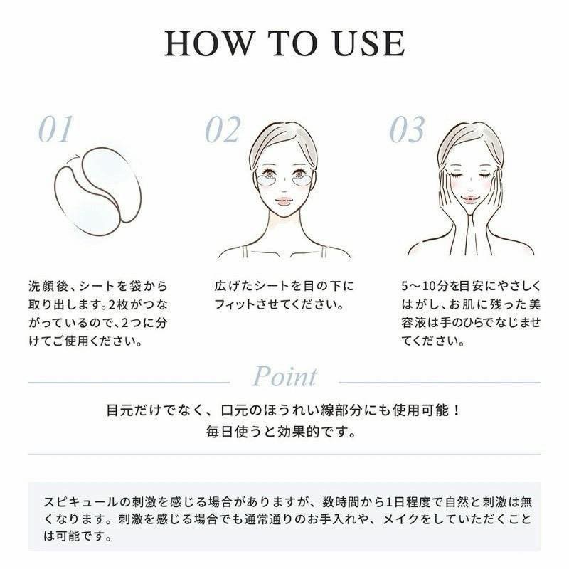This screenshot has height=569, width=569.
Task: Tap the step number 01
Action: pyautogui.click(x=55, y=130)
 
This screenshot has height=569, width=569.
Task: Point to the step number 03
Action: pyautogui.click(x=407, y=130)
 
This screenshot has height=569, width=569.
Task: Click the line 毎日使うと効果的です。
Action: pyautogui.click(x=284, y=432)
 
